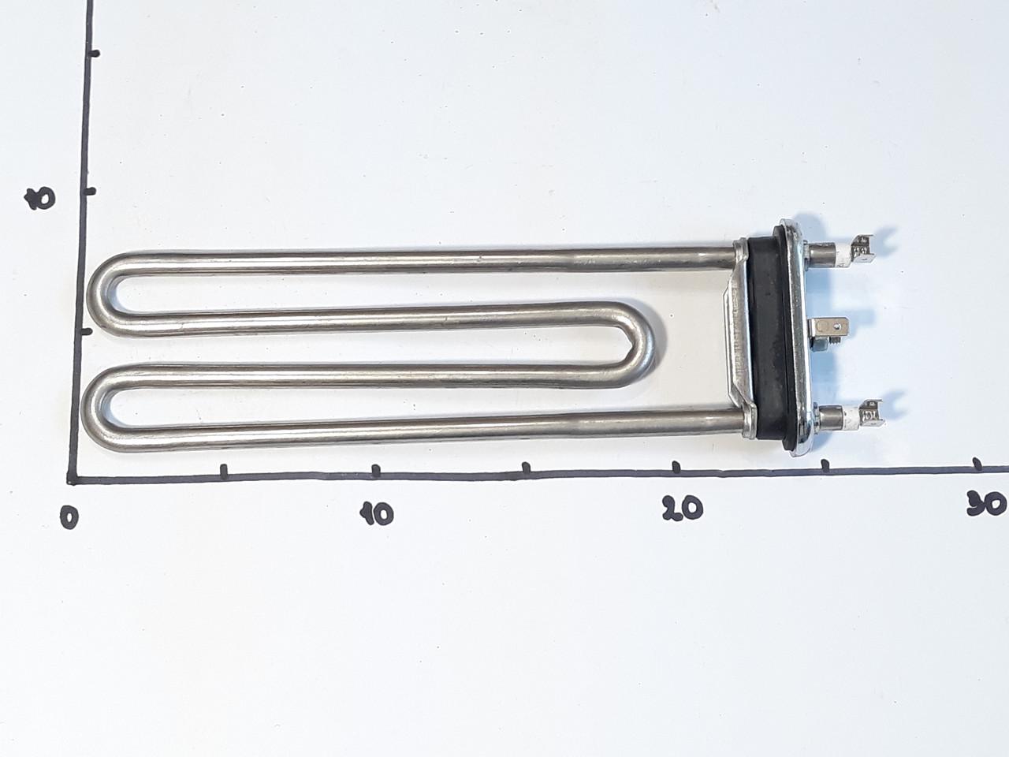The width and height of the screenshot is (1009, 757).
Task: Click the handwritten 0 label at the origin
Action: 70,517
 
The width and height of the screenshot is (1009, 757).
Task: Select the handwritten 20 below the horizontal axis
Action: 683,508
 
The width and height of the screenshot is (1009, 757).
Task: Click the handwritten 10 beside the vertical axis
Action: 40,199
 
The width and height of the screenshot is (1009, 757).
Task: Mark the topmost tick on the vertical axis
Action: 92,54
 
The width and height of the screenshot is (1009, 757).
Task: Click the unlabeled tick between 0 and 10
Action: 224,471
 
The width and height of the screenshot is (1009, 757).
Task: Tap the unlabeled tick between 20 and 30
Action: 825,466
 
